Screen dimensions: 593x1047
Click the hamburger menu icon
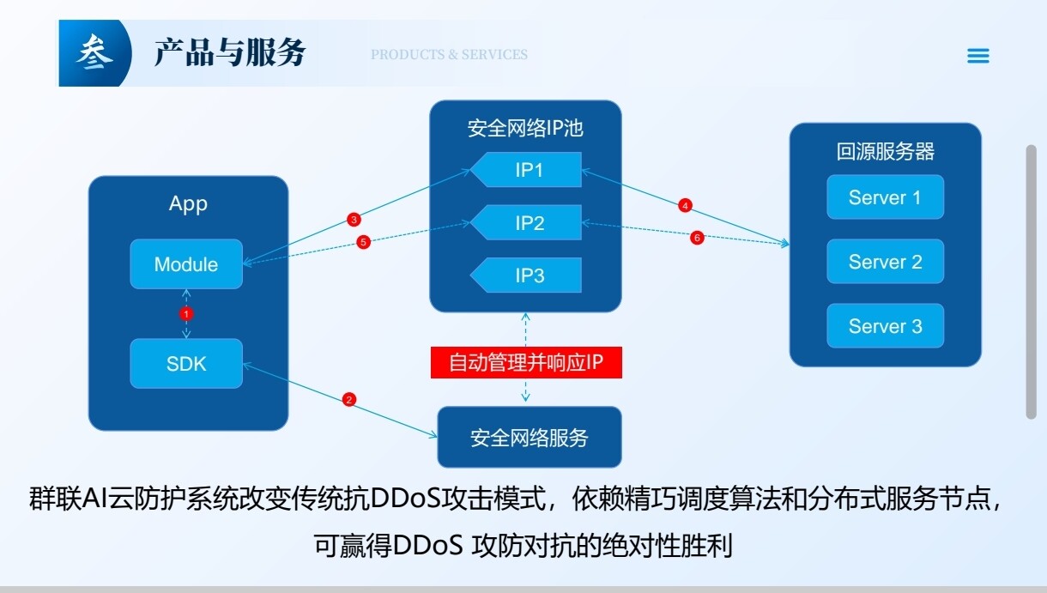[x=977, y=56]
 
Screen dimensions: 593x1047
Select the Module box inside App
[x=186, y=264]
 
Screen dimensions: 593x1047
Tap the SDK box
[x=186, y=363]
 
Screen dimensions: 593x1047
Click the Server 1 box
[x=885, y=197]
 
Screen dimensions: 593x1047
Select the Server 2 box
[x=885, y=262]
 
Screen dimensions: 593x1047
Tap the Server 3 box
[x=885, y=326]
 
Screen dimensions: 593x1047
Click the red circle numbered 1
[x=186, y=313]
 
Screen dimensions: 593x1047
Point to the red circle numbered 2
[x=348, y=399]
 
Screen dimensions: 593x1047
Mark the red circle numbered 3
[x=354, y=220]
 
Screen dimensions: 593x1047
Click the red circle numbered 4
[x=685, y=206]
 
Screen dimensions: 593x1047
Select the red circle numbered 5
[x=363, y=242]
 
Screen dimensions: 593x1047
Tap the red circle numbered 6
[x=697, y=238]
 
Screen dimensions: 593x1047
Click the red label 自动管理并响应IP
[x=525, y=362]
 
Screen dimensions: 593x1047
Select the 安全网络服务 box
[x=529, y=438]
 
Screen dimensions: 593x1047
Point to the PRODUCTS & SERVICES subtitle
[x=449, y=55]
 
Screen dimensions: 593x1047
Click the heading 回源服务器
[x=885, y=152]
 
